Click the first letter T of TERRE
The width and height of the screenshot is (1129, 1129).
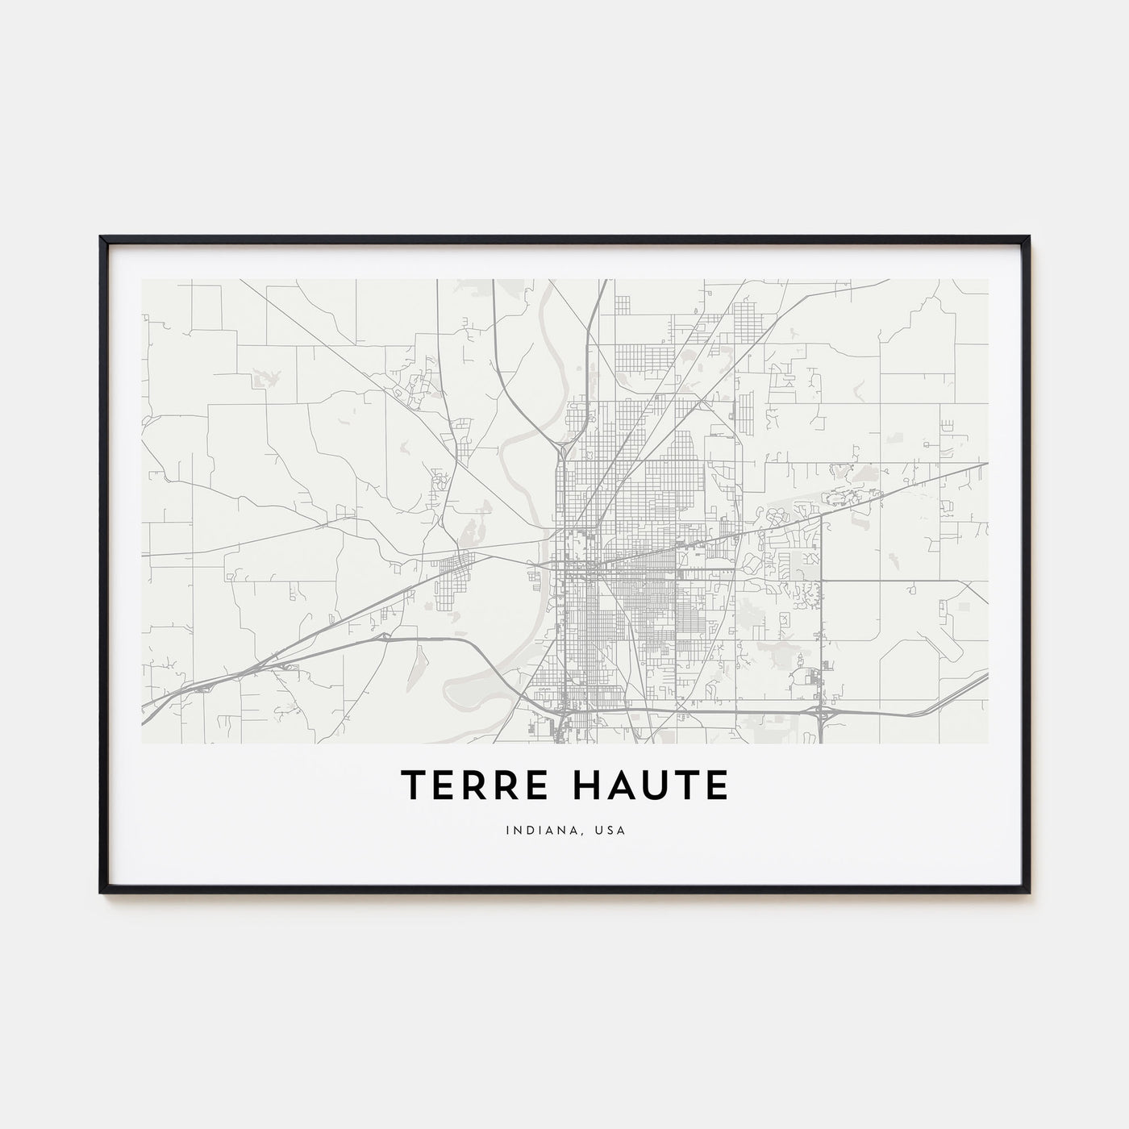point(410,786)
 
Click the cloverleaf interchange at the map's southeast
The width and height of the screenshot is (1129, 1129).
point(821,712)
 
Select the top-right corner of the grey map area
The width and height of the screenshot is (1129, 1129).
point(988,280)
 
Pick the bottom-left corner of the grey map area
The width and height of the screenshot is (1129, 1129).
point(142,743)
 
